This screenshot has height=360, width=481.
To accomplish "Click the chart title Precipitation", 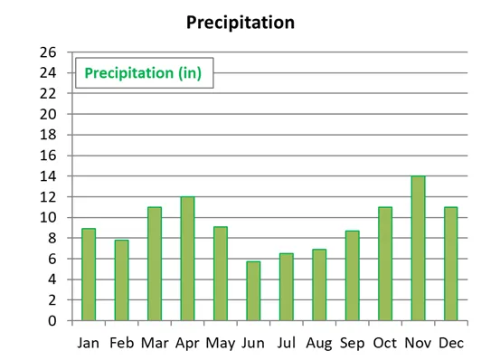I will tap(240, 22).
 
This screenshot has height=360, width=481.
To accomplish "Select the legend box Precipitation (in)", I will tap(144, 72).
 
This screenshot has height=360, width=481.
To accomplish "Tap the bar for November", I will tap(418, 248).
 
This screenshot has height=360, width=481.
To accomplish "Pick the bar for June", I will tap(253, 290).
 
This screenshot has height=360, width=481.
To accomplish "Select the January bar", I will tap(89, 274).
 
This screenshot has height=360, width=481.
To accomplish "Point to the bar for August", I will tap(319, 285).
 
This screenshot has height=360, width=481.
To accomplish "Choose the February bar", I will tap(122, 279).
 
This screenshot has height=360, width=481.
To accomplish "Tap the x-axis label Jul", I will tap(287, 343).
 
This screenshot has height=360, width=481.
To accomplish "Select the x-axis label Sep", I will tap(352, 343).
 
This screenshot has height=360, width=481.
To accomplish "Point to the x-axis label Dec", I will tap(450, 343).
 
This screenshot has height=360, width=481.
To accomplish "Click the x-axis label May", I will tap(221, 343).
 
